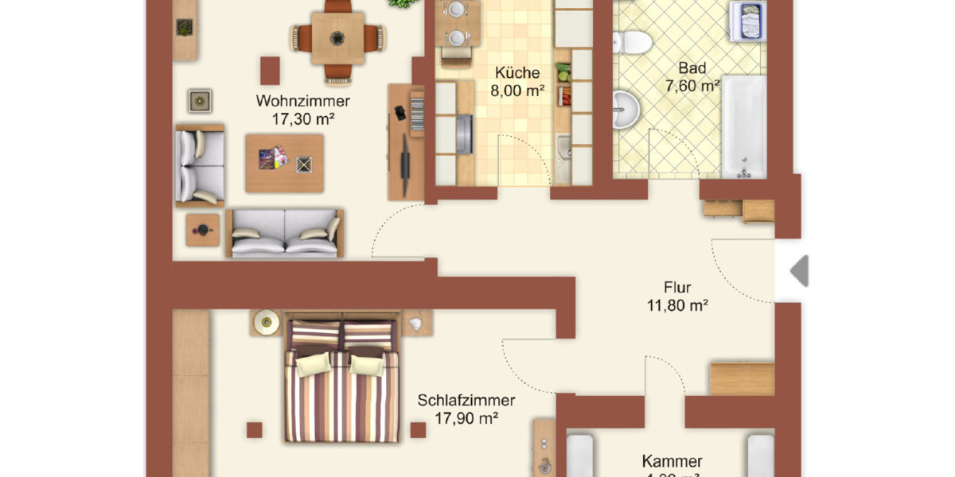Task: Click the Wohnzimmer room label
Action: point(302,101)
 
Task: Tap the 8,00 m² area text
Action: point(516,91)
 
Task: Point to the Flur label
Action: point(677,287)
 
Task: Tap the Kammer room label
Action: point(672,461)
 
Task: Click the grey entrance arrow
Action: point(799,271)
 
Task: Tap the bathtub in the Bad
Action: point(743,126)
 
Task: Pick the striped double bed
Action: point(340,382)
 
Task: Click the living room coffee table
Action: point(284,162)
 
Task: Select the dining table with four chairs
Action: point(337,37)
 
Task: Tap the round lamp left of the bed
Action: point(266,323)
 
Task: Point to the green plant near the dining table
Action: point(402,4)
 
